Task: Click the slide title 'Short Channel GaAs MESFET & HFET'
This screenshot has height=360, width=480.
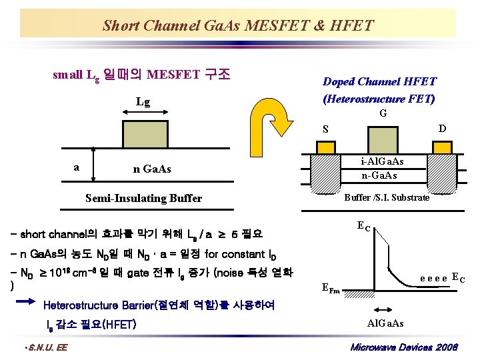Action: pos(238,26)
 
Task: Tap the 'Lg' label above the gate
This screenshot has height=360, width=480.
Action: pos(143,102)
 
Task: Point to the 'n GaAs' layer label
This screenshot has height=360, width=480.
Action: pos(152,169)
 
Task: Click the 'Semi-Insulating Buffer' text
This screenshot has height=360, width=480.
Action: pos(144,198)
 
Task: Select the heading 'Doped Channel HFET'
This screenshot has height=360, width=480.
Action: pos(379,81)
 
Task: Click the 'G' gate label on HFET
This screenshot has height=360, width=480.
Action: pos(383,114)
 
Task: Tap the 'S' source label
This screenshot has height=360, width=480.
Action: pos(325,129)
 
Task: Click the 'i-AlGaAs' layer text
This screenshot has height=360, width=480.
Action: pos(382,162)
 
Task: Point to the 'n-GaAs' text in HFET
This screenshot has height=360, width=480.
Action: pos(379,175)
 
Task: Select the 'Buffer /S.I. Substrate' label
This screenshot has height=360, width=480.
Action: pos(387,197)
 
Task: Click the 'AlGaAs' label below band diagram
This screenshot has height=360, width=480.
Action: pos(385,323)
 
